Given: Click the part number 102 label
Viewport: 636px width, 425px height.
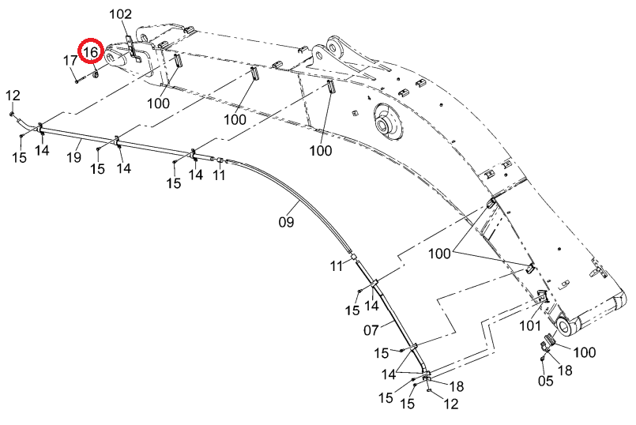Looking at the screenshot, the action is [x=120, y=14].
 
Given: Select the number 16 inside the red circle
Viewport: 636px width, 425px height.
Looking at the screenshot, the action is [x=91, y=52].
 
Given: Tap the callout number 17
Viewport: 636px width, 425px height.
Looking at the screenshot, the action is [x=70, y=60].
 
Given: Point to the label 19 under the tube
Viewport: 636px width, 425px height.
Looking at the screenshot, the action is [x=73, y=156].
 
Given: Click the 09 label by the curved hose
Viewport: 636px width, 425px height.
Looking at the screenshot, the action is [x=286, y=221].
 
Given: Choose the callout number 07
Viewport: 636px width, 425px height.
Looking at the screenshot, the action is [x=371, y=330].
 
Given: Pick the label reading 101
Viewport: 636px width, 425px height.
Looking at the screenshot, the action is [x=530, y=325].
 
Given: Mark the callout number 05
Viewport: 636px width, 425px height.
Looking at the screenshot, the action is [x=546, y=381].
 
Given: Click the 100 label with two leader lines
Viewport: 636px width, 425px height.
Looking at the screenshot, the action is [x=440, y=254].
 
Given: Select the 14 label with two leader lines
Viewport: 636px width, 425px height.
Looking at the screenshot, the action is [x=389, y=374].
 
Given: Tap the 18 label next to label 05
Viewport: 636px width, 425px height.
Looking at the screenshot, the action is [x=565, y=370].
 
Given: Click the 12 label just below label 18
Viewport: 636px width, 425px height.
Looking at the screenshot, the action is [x=451, y=404].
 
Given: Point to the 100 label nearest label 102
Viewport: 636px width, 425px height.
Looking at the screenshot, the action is [x=158, y=103].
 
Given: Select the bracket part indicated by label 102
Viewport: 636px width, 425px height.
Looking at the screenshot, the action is [x=133, y=49].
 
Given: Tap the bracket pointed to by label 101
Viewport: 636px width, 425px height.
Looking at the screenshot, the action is [x=542, y=296].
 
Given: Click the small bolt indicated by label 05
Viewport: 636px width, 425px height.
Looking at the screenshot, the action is [x=542, y=359].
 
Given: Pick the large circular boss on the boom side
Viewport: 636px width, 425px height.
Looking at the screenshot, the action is [x=386, y=119].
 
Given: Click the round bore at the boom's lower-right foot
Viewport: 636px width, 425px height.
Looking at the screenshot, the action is [x=565, y=326].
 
